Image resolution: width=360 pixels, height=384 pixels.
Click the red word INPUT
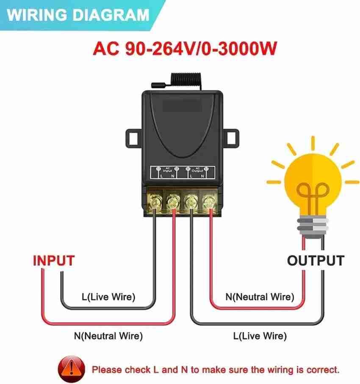[x=54, y=260]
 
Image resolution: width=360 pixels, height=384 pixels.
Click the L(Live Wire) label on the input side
[x=108, y=297]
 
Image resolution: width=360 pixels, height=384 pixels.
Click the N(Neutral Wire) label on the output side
[x=260, y=297]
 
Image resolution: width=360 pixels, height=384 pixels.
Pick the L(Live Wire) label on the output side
[x=260, y=336]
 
